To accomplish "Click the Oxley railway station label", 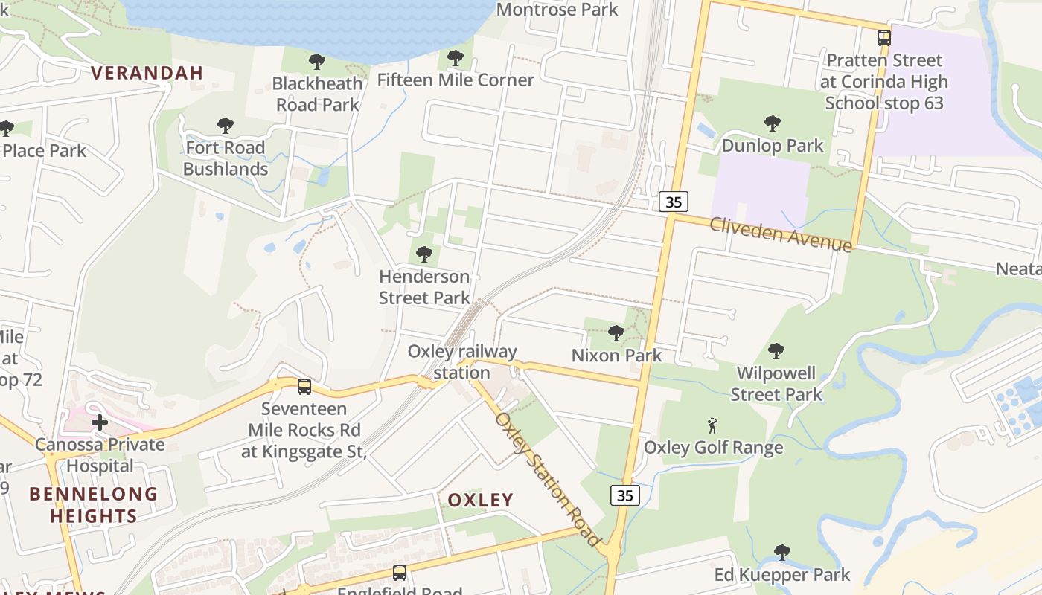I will (x=461, y=361).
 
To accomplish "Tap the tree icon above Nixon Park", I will (x=616, y=332).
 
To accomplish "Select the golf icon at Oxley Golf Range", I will (x=712, y=425).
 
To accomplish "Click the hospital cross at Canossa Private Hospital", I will (x=100, y=422).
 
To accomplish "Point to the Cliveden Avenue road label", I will (x=780, y=234).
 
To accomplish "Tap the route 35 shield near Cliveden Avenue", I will (x=674, y=201).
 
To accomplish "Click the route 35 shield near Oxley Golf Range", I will (x=625, y=495).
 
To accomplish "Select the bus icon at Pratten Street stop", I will (x=883, y=37).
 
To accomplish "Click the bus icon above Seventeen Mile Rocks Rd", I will (x=304, y=386).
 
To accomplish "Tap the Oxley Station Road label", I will (x=547, y=480).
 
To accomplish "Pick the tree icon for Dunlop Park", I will (x=773, y=123).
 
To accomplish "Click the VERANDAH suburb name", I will (x=147, y=72).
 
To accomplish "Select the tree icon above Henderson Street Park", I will (x=424, y=254).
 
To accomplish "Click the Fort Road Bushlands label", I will (x=226, y=158).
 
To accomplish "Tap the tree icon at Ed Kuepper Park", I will (x=781, y=552).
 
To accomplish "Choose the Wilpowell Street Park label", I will (x=776, y=383).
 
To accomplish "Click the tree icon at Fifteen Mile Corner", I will (x=456, y=57).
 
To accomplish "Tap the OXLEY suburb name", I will (x=480, y=500).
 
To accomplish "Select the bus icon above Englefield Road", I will (x=400, y=572).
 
